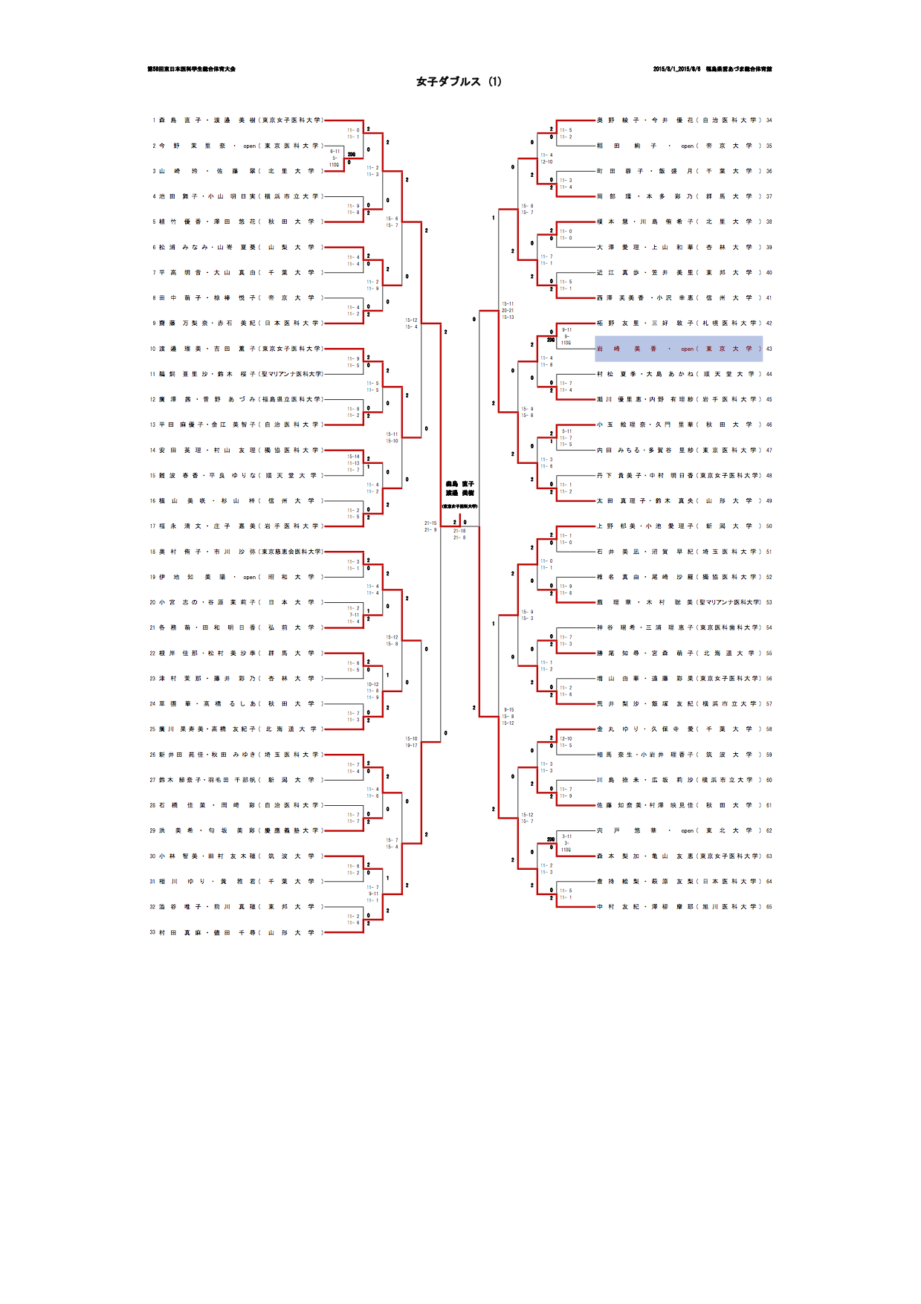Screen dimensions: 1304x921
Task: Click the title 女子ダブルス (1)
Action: (459, 82)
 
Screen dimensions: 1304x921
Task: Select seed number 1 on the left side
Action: (154, 120)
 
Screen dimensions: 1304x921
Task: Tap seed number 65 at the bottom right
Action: (769, 907)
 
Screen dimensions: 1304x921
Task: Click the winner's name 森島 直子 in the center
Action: (459, 484)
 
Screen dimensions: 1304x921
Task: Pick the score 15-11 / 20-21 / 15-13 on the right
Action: (508, 311)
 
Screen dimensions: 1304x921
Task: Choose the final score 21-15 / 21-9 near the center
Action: (430, 526)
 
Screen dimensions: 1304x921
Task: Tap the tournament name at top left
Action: (191, 69)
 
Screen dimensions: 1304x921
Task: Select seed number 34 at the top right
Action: (769, 120)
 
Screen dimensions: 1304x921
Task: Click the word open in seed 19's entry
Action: (250, 577)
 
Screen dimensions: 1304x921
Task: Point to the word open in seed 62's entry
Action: (688, 831)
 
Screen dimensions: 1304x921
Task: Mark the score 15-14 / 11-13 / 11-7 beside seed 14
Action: (353, 463)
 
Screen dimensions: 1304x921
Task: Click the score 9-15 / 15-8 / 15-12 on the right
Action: (508, 717)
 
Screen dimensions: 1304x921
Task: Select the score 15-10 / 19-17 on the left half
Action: (411, 742)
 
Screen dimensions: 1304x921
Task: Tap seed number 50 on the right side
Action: (769, 526)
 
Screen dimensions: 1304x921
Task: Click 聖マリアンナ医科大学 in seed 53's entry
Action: (729, 602)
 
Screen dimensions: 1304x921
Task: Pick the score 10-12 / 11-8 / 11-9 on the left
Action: (372, 691)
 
